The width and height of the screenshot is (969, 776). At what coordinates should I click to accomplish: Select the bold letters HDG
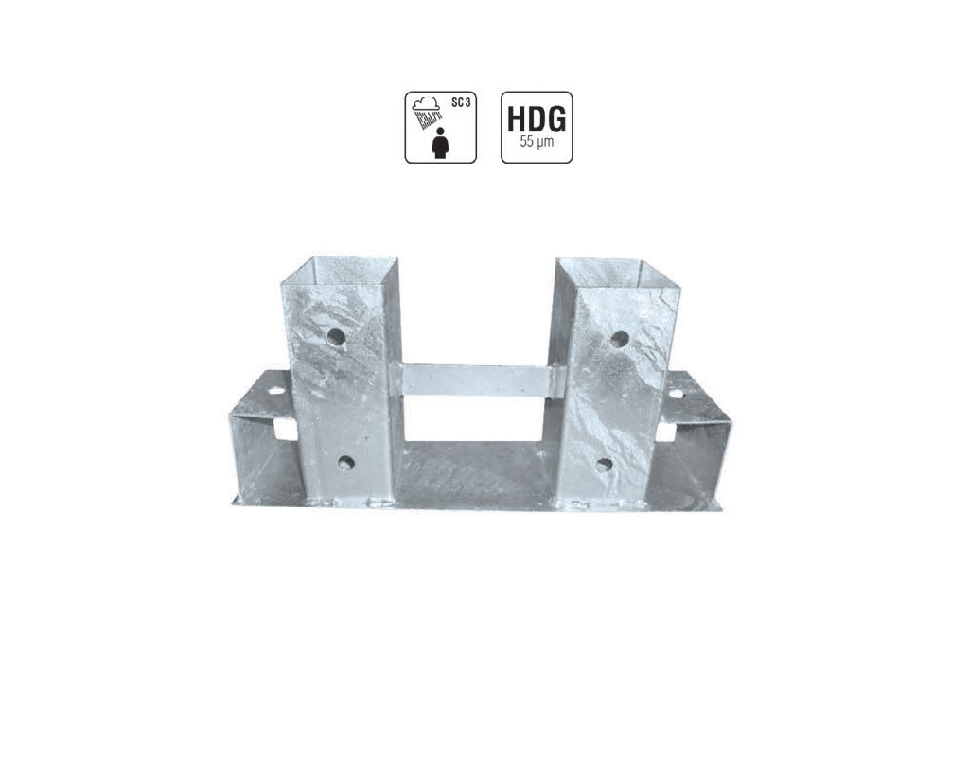[x=537, y=120]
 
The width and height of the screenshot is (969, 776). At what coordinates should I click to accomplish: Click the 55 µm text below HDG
[x=537, y=144]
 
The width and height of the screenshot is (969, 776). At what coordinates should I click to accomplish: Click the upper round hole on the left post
[x=336, y=336]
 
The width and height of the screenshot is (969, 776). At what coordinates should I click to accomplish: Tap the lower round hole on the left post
[x=346, y=463]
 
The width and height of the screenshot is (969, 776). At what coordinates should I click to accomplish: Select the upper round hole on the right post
[x=619, y=339]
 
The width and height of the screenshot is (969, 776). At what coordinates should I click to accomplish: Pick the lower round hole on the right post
[x=604, y=465]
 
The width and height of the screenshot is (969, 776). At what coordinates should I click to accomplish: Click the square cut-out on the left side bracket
[x=285, y=430]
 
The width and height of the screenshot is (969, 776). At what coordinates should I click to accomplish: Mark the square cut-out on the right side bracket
[x=666, y=432]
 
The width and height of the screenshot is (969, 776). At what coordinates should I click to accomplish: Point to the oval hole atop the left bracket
[x=275, y=389]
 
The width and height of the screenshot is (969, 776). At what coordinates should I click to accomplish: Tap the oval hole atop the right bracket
[x=676, y=393]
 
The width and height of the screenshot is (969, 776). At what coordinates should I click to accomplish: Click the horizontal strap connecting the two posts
[x=478, y=379]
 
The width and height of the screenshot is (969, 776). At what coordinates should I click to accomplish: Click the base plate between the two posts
[x=473, y=473]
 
